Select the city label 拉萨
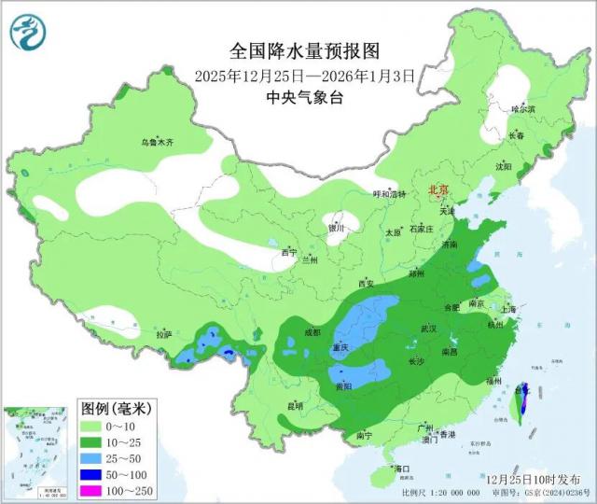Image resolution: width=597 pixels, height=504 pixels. [164, 334]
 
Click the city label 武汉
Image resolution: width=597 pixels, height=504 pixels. [429, 329]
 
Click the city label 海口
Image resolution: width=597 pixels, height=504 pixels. [403, 467]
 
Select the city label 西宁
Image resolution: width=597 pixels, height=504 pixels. [289, 252]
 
